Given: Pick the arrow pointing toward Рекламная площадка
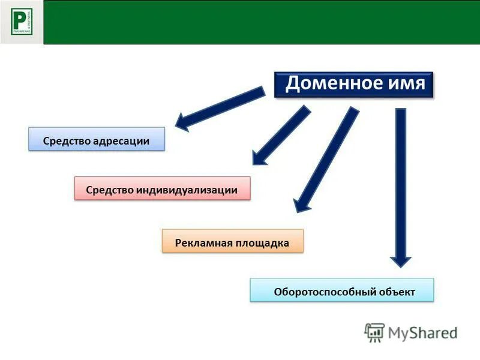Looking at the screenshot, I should coord(327,159).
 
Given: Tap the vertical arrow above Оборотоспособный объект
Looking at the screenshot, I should coord(401,180).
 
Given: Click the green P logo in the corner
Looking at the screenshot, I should coord(22,22).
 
